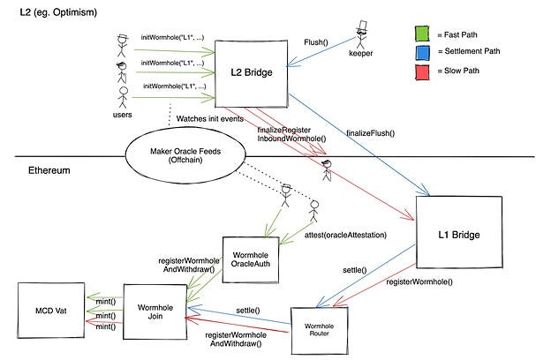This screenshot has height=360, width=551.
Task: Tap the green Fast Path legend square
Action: pos(422,34)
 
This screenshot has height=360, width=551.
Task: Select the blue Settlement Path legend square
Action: pos(422,53)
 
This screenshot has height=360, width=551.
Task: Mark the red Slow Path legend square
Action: pos(422,72)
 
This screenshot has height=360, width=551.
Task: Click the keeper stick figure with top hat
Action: pos(361,34)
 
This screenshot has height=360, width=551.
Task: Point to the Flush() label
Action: pos(316,42)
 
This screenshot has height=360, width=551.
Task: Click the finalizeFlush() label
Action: pos(370,133)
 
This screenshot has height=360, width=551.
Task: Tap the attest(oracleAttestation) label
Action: pos(345,235)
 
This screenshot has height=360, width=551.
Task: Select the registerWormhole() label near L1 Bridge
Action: pos(419,281)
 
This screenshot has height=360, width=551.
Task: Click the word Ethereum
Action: pos(49,170)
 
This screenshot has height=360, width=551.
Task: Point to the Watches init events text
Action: pos(210,119)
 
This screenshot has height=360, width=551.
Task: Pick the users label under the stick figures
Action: pos(122,115)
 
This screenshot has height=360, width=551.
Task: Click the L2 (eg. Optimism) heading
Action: pos(58,12)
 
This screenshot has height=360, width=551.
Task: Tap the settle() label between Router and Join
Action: pos(248,311)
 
